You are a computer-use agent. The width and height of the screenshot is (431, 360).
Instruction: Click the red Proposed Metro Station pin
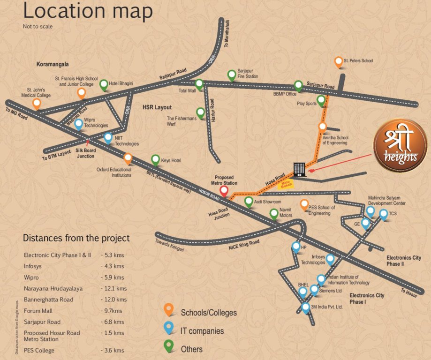tap(224, 190)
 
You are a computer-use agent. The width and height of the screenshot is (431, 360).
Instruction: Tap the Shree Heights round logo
tap(400, 145)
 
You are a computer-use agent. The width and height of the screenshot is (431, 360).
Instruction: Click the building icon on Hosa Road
tap(299, 169)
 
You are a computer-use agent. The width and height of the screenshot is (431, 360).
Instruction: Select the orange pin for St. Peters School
tap(338, 61)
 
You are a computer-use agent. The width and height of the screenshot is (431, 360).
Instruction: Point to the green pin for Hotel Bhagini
tap(104, 84)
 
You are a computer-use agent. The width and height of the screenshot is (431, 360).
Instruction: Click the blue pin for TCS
tap(383, 214)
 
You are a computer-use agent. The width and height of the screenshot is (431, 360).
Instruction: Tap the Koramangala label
tap(53, 64)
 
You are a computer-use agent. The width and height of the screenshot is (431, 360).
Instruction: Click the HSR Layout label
tap(158, 107)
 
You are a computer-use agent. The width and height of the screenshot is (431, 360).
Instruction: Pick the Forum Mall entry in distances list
tap(38, 311)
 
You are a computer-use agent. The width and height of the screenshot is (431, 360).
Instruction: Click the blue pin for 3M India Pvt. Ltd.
tap(306, 307)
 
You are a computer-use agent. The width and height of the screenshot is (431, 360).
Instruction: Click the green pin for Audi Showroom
tap(249, 202)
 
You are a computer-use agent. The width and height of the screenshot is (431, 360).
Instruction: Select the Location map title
tap(88, 12)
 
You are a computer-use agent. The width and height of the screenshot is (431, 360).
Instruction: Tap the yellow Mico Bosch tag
tap(286, 183)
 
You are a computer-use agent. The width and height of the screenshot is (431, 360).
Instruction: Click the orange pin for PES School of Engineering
tap(304, 204)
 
